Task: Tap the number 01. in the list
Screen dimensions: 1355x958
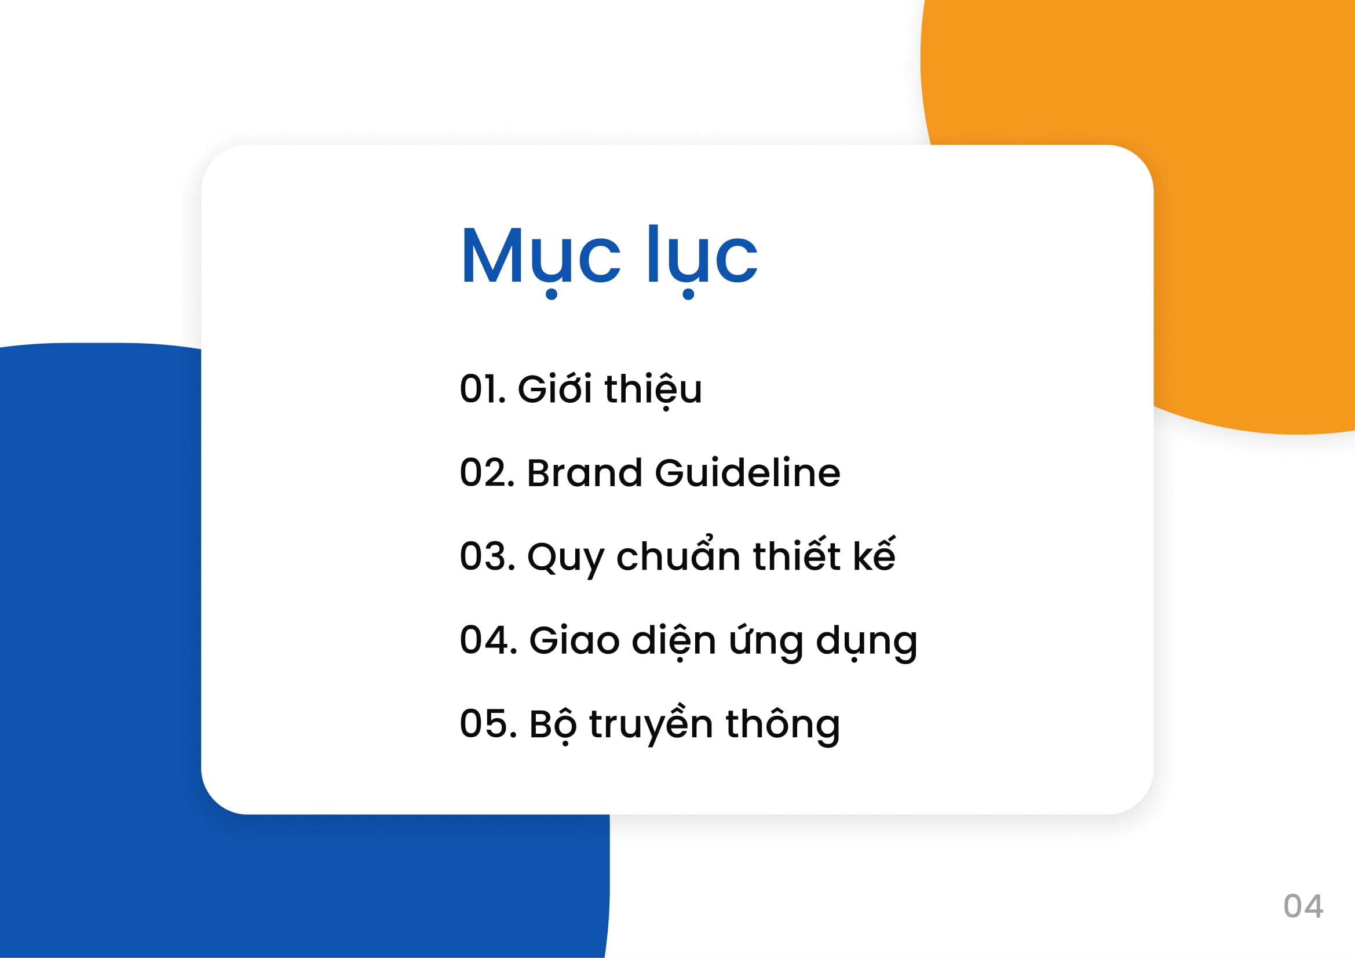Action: [x=483, y=389]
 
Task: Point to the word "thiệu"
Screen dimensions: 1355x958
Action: [x=653, y=389]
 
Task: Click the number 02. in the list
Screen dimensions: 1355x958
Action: [x=487, y=473]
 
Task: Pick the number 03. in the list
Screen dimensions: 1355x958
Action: [x=487, y=556]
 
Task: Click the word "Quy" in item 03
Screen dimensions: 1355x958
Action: [x=566, y=558]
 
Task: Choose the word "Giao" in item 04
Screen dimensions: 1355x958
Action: [x=574, y=640]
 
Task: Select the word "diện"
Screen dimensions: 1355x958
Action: [x=674, y=642]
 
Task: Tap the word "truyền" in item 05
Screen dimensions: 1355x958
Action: [x=651, y=724]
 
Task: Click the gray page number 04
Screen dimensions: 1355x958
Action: [x=1303, y=906]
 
